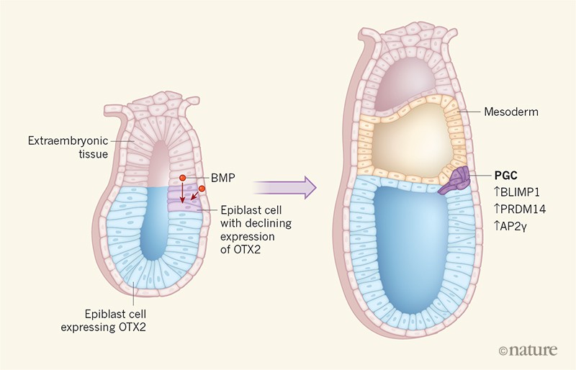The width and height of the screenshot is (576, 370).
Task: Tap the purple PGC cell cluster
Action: coord(456,179)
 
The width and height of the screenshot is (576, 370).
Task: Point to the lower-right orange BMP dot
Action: coord(202,189)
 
